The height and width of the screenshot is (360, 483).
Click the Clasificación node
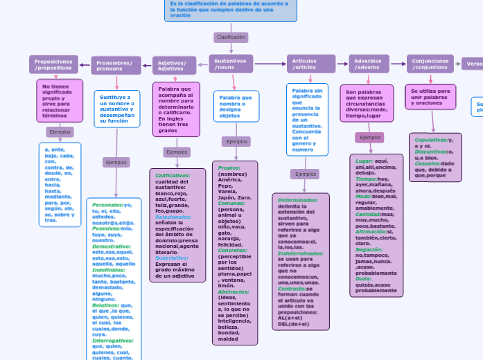[x=231, y=37]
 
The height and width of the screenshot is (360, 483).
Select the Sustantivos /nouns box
[x=231, y=64]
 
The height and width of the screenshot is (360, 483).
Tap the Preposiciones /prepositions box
[x=53, y=64]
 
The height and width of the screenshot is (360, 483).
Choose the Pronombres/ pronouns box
[x=116, y=66]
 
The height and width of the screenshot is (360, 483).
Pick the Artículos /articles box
[x=311, y=64]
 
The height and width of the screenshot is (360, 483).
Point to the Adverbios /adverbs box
[x=369, y=64]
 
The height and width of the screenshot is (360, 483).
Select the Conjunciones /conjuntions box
[x=430, y=64]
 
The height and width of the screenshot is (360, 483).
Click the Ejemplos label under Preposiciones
[x=60, y=132]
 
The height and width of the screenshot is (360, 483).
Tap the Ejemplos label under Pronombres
[x=116, y=162]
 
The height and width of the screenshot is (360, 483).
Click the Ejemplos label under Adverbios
[x=371, y=138]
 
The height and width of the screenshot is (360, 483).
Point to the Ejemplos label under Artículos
[x=305, y=174]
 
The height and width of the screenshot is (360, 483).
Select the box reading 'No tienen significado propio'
[x=60, y=100]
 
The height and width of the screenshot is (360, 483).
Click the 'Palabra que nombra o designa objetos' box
[x=236, y=106]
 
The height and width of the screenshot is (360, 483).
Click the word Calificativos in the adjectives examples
[x=173, y=175]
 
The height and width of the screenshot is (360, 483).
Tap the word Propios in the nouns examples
[x=229, y=168]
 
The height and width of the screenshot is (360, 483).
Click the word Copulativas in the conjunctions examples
[x=430, y=139]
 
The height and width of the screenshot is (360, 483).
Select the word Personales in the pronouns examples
[x=107, y=205]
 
